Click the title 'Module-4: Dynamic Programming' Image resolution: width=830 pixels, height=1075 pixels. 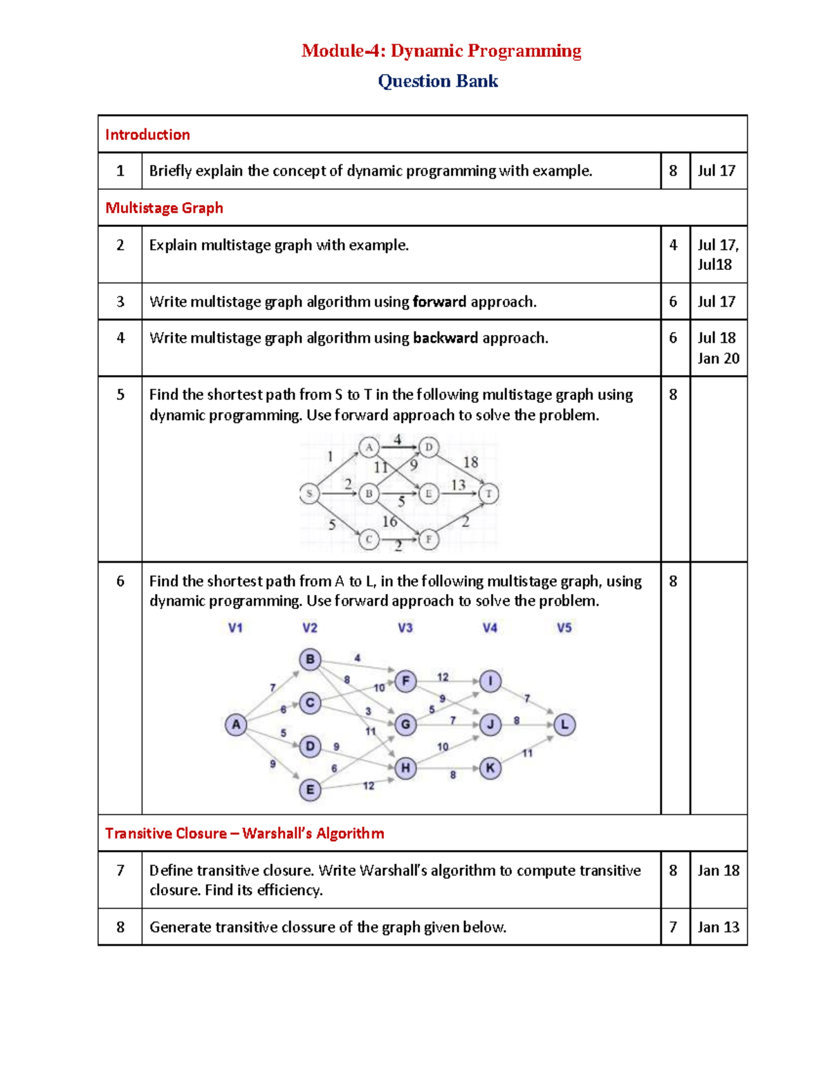coord(441,51)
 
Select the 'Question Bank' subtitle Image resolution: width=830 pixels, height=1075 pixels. coord(438,81)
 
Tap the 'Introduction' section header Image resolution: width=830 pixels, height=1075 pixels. coord(147,134)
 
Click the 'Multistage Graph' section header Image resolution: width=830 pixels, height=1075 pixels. coord(164,208)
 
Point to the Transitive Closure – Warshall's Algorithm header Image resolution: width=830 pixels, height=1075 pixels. coord(244,833)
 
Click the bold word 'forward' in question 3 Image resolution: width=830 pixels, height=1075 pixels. coord(439,302)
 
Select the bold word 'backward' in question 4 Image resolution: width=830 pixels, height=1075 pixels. coord(445,338)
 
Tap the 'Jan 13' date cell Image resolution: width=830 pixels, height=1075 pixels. coord(718,927)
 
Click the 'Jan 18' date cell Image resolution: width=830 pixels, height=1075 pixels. coord(718,870)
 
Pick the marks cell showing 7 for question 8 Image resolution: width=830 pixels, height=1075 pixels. coord(673,927)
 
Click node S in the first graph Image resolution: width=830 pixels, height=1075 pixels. coord(309,494)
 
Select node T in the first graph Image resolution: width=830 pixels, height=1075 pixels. coord(489,494)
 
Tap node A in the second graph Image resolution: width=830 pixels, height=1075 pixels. coord(236,725)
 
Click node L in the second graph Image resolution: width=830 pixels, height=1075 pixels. coord(564,725)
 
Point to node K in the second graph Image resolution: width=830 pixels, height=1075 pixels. coord(490,768)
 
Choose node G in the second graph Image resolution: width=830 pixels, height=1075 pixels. coord(405,725)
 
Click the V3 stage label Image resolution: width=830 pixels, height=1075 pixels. coord(405,628)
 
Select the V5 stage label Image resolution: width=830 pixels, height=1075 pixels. coord(564,628)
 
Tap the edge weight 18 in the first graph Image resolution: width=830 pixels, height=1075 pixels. coord(470,462)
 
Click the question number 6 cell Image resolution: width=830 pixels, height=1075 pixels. coord(120,581)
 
